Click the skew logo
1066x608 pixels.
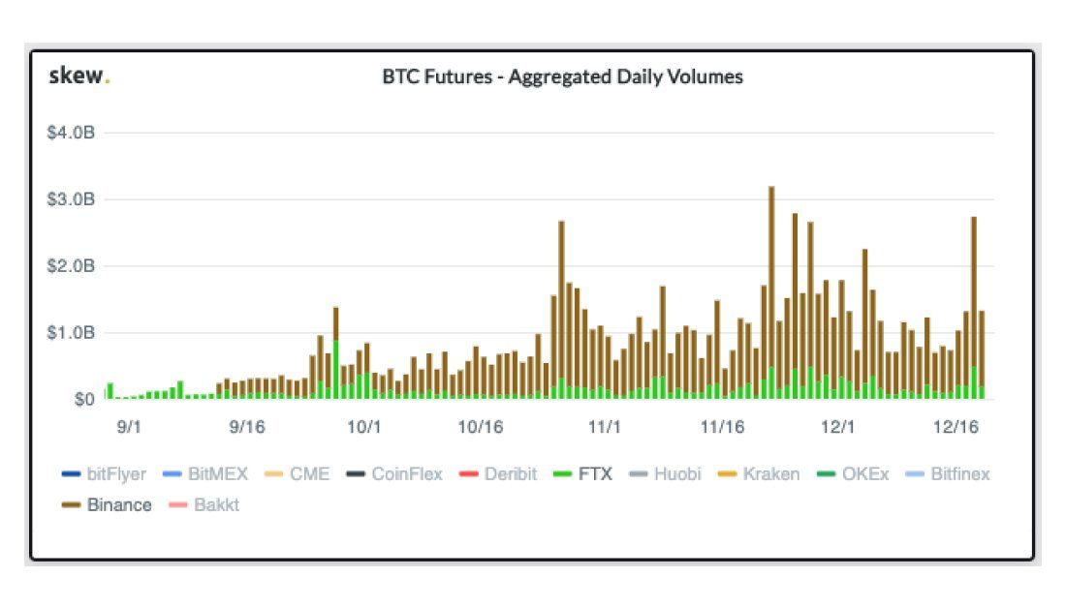tap(78, 76)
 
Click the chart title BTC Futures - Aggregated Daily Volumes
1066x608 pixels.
tap(562, 76)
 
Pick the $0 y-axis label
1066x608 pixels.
tap(84, 399)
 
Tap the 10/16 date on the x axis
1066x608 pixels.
tap(481, 425)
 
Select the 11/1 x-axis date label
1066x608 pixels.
tap(604, 425)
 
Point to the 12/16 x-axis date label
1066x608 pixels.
tap(956, 425)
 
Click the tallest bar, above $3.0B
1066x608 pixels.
tap(771, 290)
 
